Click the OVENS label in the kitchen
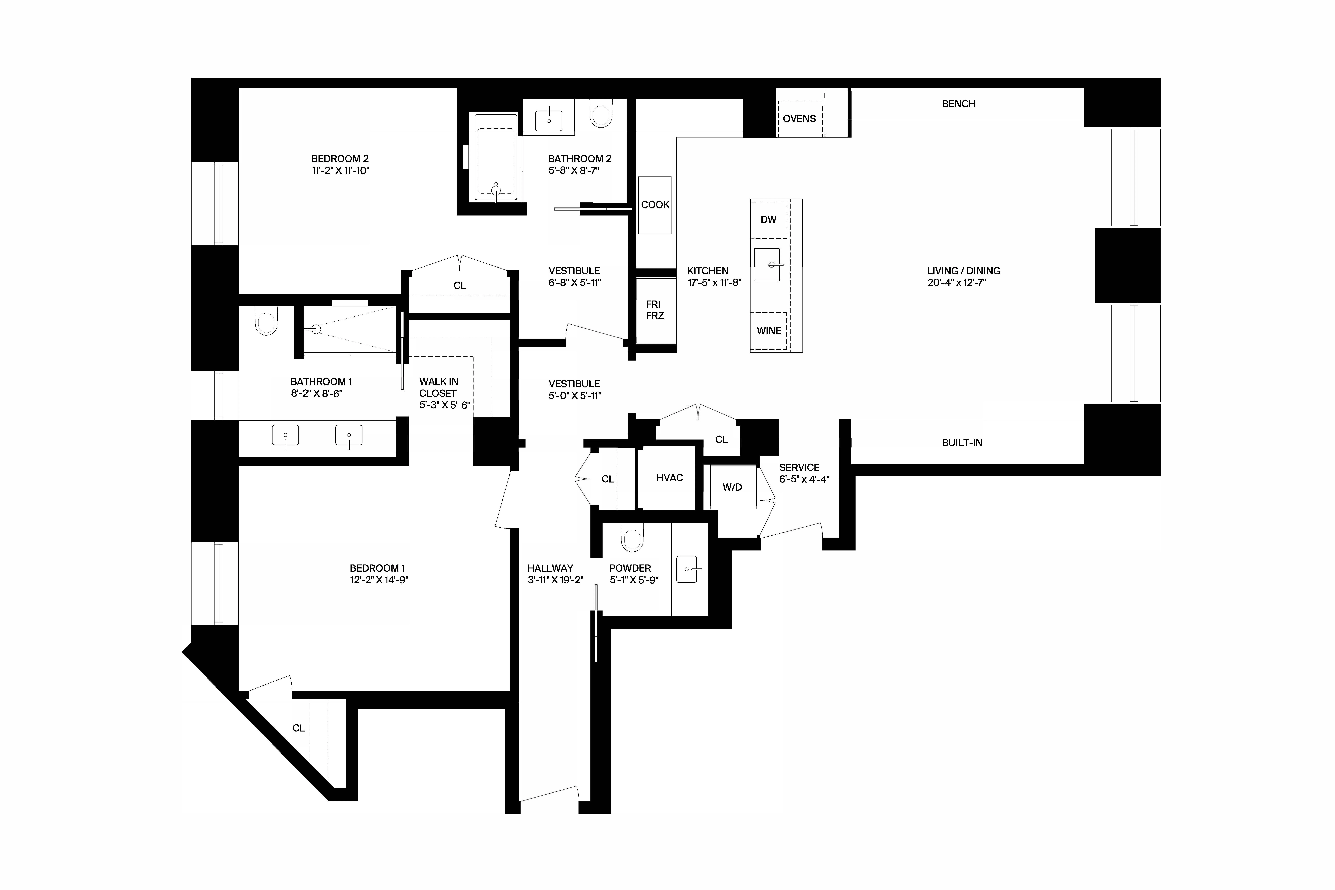799,119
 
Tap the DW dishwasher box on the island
769,220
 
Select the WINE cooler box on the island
769,331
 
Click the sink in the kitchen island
767,265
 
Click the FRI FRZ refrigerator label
654,310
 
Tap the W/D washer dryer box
732,487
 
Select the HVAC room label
669,478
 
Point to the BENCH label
958,104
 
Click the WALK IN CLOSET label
439,388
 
